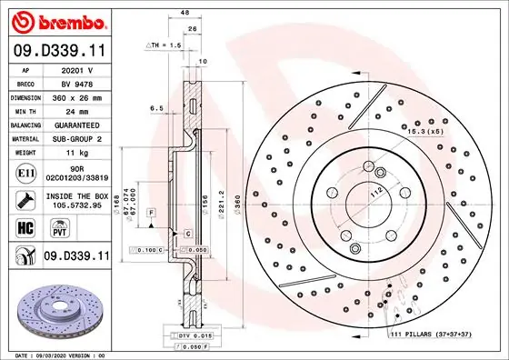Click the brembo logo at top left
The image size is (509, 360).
tap(56, 19)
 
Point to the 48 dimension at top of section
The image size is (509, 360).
tap(185, 14)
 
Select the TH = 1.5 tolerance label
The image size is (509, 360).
tap(165, 44)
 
